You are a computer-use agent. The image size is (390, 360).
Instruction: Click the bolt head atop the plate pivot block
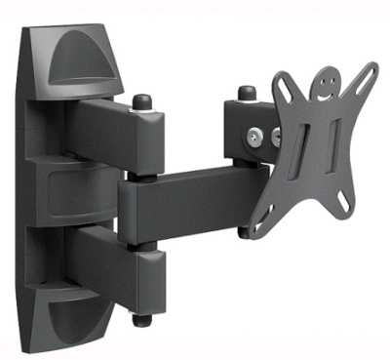pos(246,94)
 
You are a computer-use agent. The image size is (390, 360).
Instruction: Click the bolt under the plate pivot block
pos(244,231)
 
